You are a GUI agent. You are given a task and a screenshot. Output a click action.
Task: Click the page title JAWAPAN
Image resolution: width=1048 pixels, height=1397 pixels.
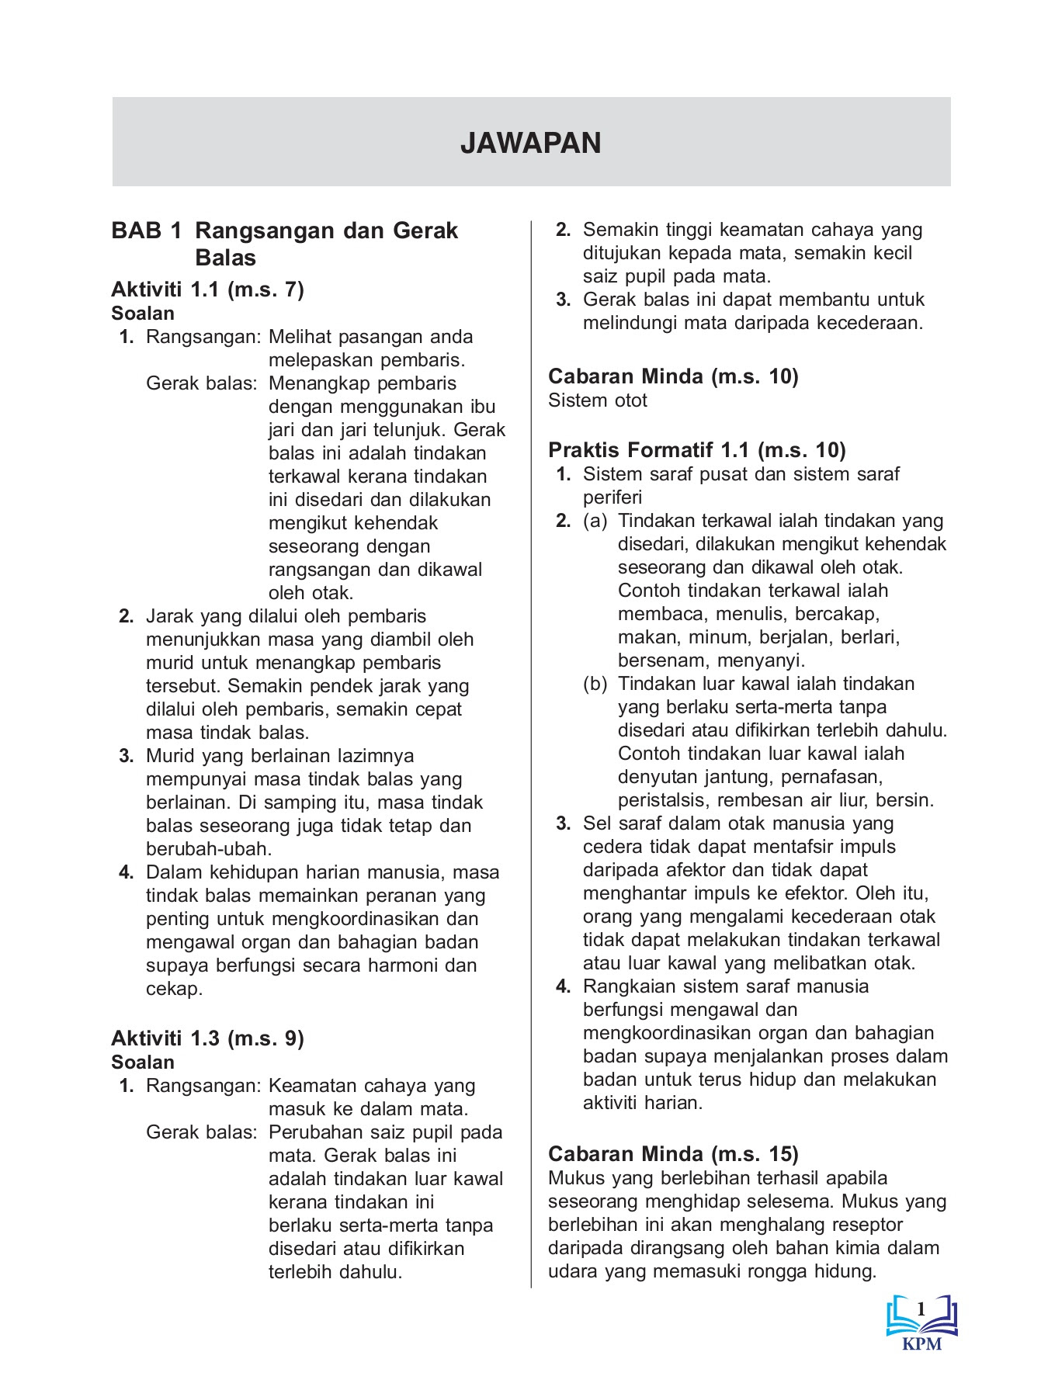[x=530, y=144]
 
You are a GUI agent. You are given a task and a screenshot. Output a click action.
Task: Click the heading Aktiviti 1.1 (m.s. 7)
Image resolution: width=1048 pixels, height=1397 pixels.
[x=207, y=289]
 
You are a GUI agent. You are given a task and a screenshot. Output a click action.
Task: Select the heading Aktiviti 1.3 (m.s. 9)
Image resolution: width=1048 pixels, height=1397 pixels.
[x=207, y=1038]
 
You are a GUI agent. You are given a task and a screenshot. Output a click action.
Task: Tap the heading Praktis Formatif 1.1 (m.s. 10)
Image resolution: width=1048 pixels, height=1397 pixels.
[x=696, y=450]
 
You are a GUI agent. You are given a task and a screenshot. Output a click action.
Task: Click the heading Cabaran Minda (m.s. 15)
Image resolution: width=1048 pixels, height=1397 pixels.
[x=673, y=1154]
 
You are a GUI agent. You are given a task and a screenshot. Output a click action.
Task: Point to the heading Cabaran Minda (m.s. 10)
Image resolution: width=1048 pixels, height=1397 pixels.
[x=673, y=376]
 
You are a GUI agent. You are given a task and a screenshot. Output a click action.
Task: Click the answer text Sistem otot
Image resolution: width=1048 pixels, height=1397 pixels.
[x=597, y=400]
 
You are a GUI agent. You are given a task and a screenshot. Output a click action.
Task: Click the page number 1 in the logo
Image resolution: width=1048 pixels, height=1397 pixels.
[x=921, y=1309]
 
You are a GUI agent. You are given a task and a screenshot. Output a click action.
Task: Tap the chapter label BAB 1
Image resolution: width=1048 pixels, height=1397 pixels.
[x=147, y=231]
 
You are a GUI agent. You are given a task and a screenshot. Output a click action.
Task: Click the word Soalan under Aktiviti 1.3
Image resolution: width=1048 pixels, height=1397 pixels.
[x=143, y=1062]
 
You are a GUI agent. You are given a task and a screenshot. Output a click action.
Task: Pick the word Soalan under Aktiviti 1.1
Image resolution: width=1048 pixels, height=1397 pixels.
[x=143, y=314]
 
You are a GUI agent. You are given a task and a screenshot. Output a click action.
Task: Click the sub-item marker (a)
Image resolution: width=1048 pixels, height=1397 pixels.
[x=595, y=521]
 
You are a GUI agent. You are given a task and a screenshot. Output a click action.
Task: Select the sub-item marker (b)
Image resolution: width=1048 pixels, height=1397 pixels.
[x=595, y=684]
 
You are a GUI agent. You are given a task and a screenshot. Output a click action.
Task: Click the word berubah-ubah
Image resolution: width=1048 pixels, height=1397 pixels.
[x=209, y=849]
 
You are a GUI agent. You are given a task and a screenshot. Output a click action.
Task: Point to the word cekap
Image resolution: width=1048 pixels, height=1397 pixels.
[x=174, y=989]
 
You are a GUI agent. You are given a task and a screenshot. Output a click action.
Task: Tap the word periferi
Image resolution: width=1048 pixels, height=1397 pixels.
[x=612, y=497]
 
